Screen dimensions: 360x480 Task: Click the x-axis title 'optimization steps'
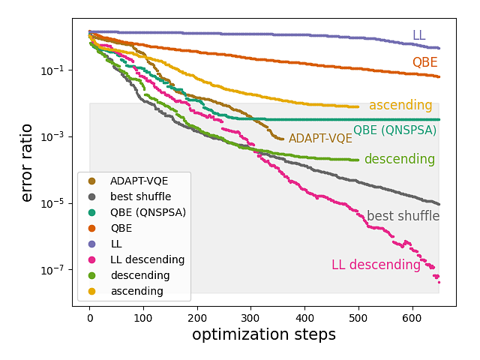coord(264,334)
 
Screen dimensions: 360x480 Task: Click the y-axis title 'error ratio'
coord(27,161)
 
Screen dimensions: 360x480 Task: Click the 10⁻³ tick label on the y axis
coord(59,136)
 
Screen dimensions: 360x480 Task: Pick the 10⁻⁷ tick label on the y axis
coord(59,270)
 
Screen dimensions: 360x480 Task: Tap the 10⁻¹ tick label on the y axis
coord(59,70)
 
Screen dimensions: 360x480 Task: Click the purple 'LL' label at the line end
coord(419,35)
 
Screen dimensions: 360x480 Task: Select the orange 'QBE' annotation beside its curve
coord(424,63)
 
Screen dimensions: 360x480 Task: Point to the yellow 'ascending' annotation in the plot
coord(400,106)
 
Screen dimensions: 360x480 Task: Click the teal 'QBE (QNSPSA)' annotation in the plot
coord(394,130)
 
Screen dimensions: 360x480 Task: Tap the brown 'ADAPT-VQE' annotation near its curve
coord(320,139)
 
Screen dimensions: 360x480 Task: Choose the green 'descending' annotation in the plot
coord(399,160)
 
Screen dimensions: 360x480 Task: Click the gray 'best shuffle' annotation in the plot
coord(403,217)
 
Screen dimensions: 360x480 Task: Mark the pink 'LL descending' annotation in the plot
coord(376,265)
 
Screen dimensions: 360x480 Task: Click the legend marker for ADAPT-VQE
coord(91,181)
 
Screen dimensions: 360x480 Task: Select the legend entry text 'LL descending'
coord(147,259)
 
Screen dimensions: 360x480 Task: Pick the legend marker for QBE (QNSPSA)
coord(91,212)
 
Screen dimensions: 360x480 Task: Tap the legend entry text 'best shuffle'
coord(140,196)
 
